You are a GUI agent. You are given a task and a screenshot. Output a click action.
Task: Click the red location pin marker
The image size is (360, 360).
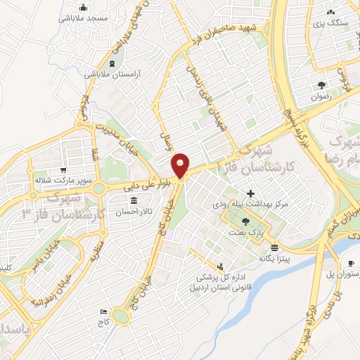coord(181,165)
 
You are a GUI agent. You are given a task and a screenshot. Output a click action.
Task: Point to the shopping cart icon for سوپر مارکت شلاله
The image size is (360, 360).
coord(64,170)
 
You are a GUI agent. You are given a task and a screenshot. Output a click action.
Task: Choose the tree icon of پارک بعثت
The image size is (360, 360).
coord(245,221)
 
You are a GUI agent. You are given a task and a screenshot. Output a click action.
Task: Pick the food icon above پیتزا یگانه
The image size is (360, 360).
coord(274,248)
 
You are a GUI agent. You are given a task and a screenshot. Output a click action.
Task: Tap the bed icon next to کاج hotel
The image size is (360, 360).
coord(105,311)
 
